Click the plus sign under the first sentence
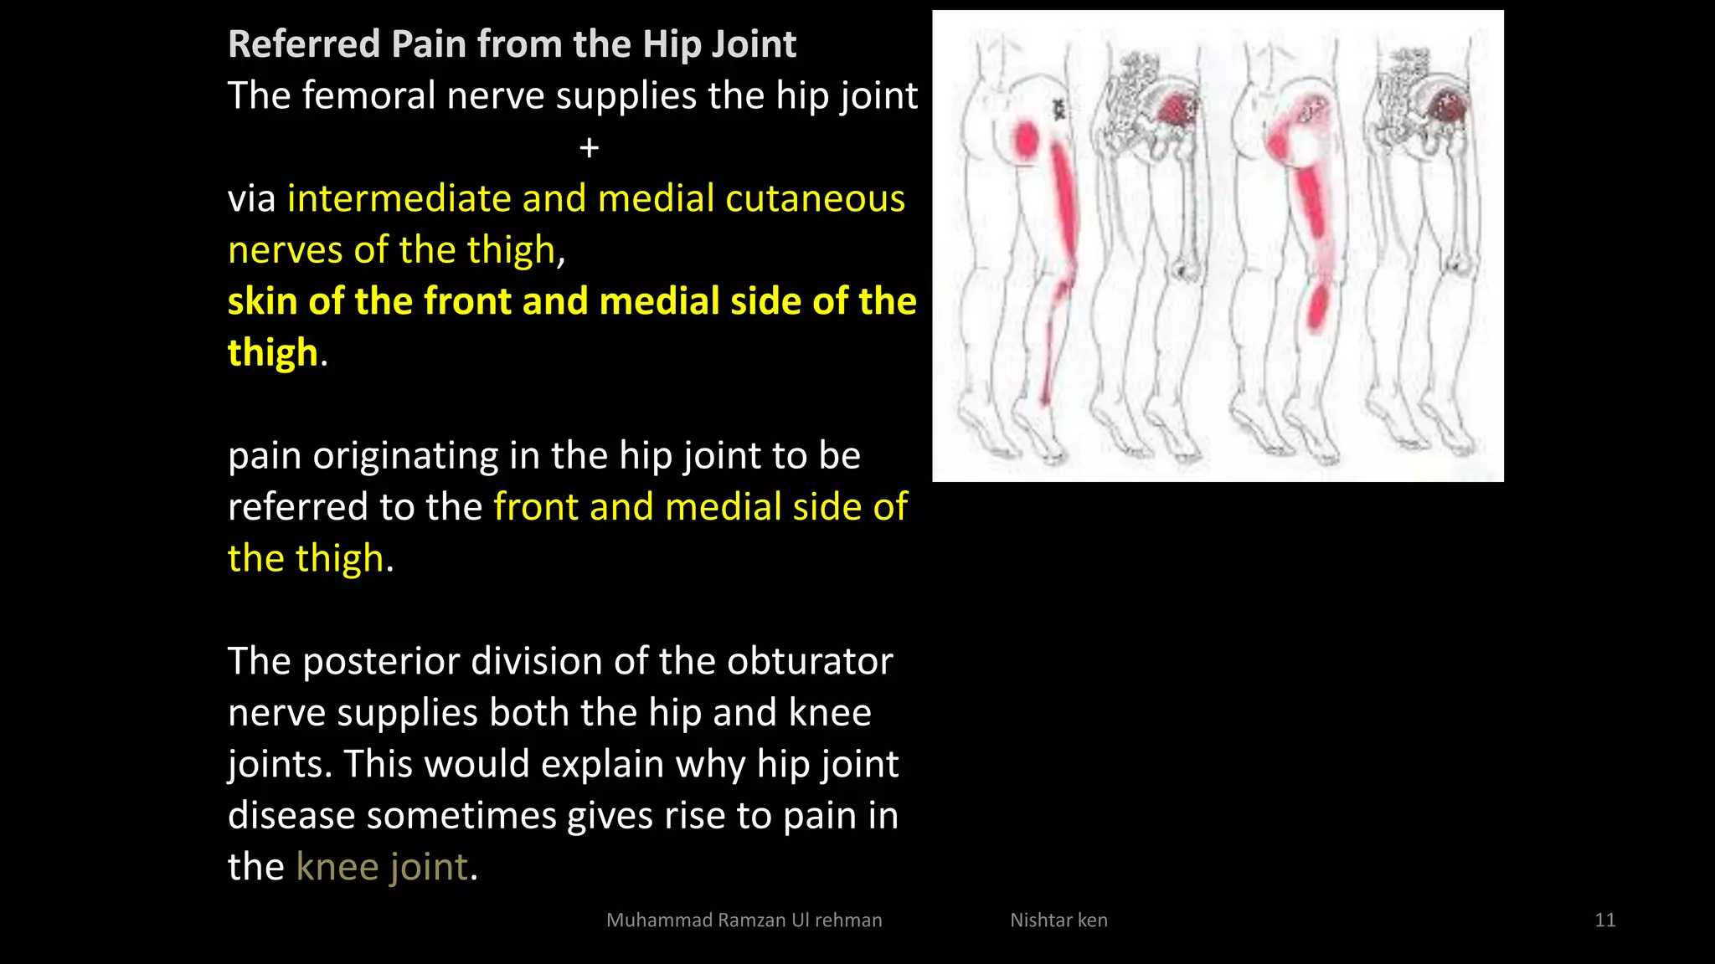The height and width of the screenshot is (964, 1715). click(x=589, y=148)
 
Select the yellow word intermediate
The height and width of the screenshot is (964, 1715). click(x=399, y=199)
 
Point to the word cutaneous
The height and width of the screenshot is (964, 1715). click(x=815, y=199)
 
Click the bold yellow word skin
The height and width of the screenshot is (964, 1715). click(x=263, y=301)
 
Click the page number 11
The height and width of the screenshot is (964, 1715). click(x=1604, y=920)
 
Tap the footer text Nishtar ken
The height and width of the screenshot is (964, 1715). click(x=1058, y=920)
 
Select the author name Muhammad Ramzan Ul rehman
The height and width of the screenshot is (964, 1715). click(x=744, y=920)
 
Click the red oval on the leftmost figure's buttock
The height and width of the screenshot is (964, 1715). click(x=1027, y=140)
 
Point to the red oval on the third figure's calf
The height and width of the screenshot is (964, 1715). click(x=1318, y=307)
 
